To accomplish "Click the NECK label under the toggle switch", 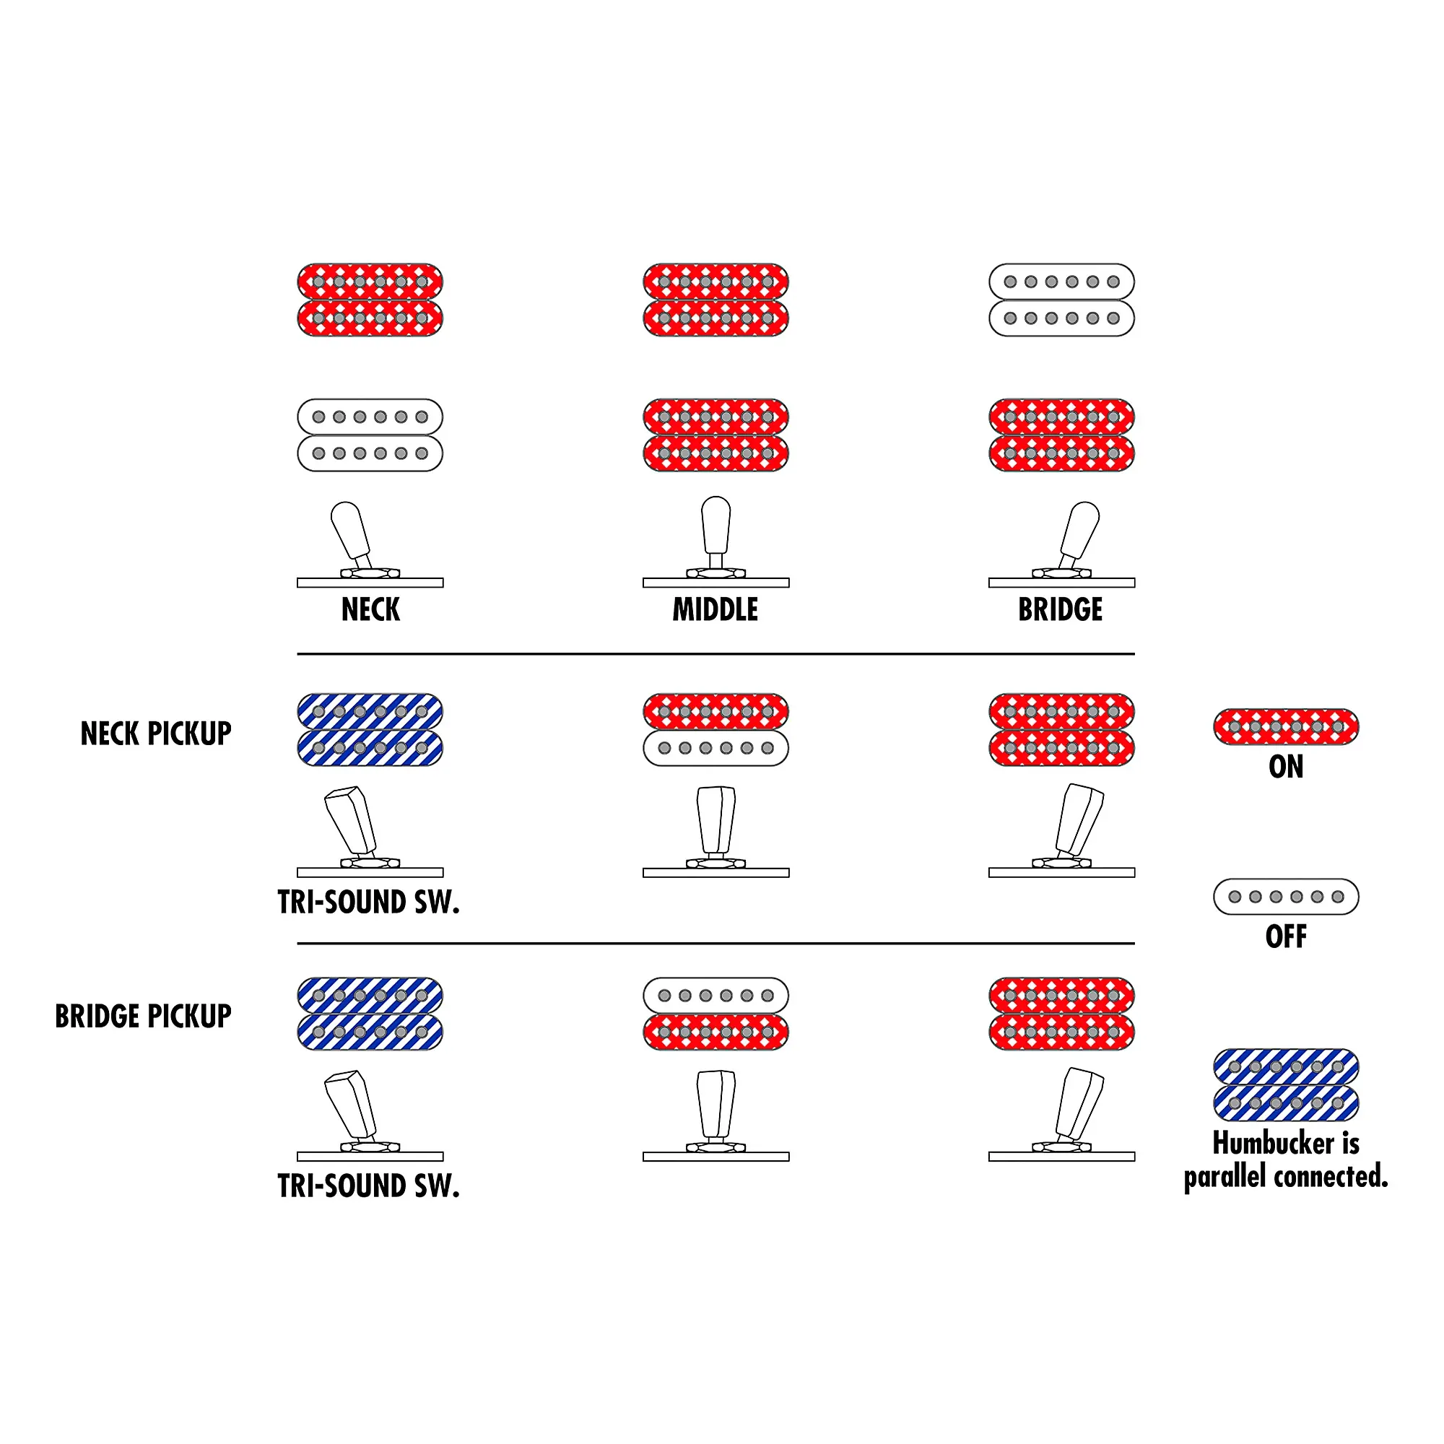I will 370,610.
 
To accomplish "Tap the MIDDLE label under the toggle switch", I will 716,610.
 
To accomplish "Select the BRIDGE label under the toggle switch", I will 1060,610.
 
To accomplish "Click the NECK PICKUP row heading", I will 155,734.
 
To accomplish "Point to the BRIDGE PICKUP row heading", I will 143,1017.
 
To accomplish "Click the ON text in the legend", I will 1286,767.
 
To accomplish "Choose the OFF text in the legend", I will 1286,936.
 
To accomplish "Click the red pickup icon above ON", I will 1286,726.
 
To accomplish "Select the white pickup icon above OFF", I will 1286,896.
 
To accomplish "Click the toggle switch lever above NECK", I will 352,532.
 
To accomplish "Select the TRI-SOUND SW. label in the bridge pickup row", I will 368,1186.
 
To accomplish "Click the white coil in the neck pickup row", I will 716,748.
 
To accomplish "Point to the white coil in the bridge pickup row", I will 716,996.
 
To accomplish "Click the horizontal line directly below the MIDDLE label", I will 716,654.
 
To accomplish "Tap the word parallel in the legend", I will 1227,1177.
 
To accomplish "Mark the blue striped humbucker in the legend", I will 1286,1085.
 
